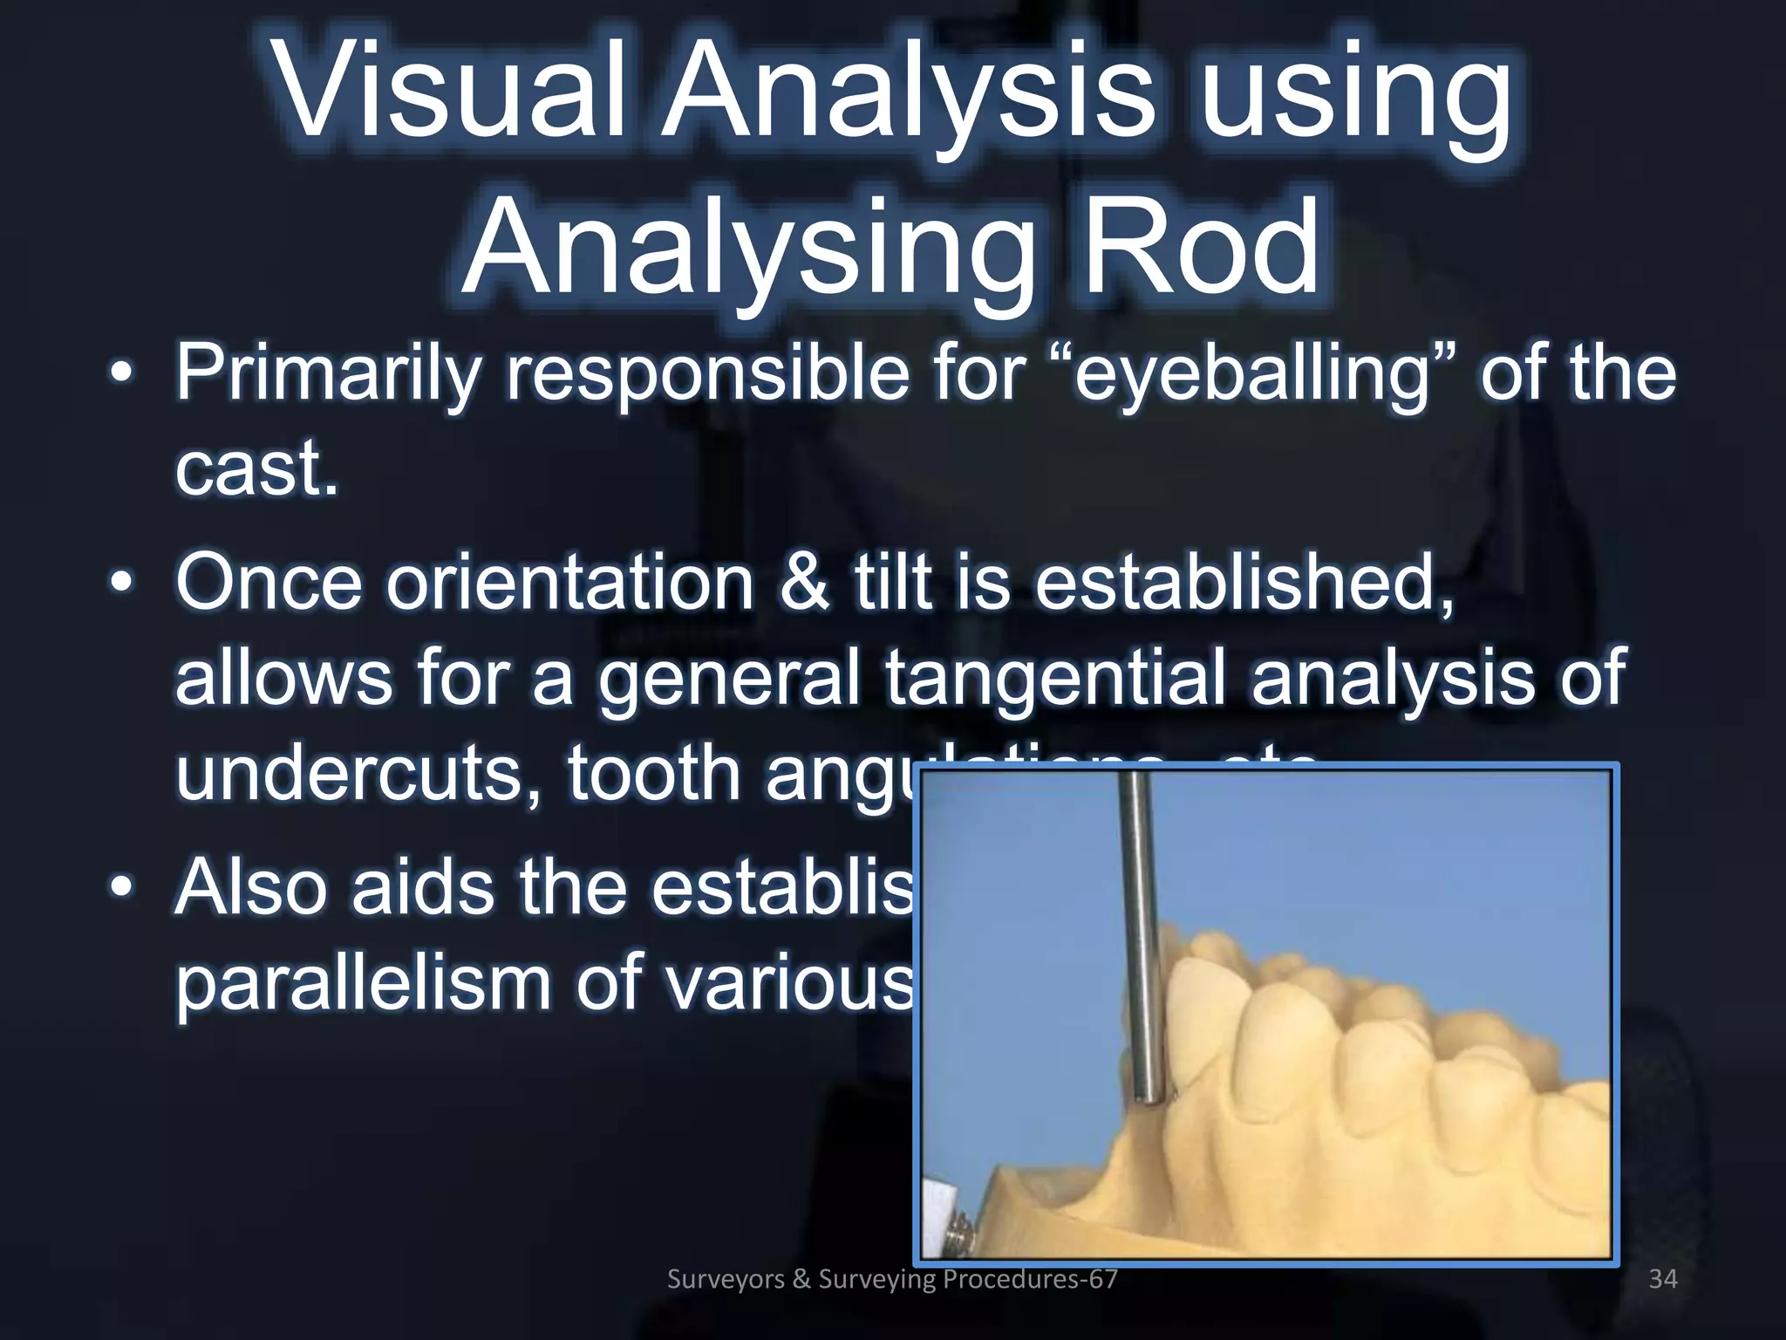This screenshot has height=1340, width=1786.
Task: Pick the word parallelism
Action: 362,984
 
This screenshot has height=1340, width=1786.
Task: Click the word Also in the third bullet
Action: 249,888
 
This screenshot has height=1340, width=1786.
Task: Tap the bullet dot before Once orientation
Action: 122,582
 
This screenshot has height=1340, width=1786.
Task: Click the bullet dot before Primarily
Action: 122,373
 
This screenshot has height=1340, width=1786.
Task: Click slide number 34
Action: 1662,1279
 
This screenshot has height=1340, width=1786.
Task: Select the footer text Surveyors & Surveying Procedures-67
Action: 891,1279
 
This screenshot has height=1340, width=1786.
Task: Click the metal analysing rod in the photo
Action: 1139,916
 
